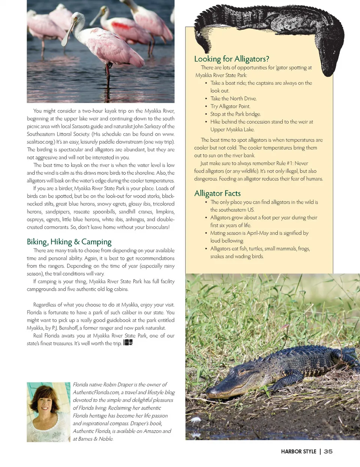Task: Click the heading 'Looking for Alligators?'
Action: coord(231,59)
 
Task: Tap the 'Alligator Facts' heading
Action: coord(217,193)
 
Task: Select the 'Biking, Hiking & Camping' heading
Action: coord(69,242)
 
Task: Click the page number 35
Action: coord(328,451)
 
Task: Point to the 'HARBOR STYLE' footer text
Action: coord(298,451)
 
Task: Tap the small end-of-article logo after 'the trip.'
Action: coord(128,342)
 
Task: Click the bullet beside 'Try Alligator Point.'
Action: coord(206,107)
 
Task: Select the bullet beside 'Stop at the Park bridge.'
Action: coord(206,114)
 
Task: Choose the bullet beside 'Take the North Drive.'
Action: coord(206,99)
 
